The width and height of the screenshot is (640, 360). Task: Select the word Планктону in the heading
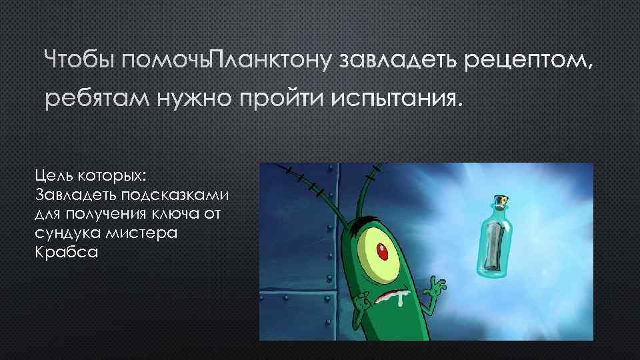(271, 62)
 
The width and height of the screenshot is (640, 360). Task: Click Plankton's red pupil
(383, 252)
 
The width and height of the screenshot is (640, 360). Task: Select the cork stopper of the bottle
(502, 201)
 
